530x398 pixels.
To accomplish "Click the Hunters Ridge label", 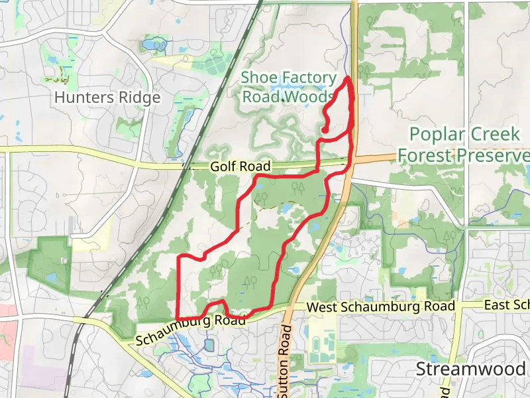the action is click(x=107, y=98).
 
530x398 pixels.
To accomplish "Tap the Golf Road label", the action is click(x=233, y=168).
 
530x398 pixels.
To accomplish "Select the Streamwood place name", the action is click(x=471, y=369).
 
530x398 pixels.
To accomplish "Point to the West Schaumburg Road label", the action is click(x=381, y=307).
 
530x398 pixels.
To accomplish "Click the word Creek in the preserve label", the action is click(x=495, y=135).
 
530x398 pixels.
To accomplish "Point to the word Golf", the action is click(x=221, y=168).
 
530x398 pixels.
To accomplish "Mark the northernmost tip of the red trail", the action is click(x=348, y=78).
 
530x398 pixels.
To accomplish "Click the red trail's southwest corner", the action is click(x=179, y=318).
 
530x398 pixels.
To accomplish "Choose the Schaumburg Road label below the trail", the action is click(x=191, y=330).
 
